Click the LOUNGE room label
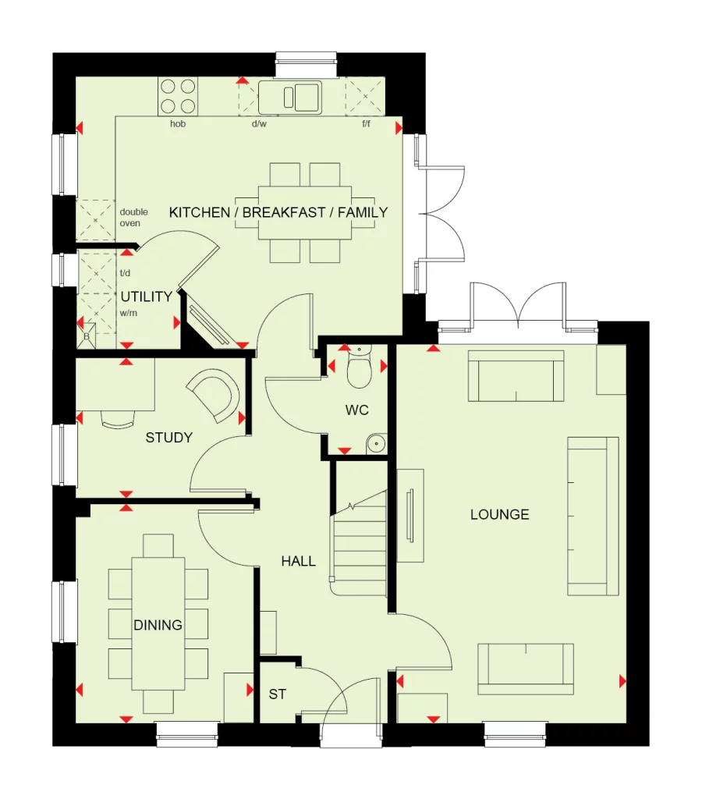pos(499,514)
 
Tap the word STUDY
pos(168,438)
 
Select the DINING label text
pos(158,625)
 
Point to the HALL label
pos(298,561)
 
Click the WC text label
pos(357,410)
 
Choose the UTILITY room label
pos(146,297)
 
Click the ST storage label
pos(277,694)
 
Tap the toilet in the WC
pos(360,371)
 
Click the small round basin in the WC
pos(376,443)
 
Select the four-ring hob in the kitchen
pos(178,97)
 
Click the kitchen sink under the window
pos(289,98)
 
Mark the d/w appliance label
pos(259,124)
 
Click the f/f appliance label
pos(366,124)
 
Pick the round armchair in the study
pos(214,395)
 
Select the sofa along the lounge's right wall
pos(593,516)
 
